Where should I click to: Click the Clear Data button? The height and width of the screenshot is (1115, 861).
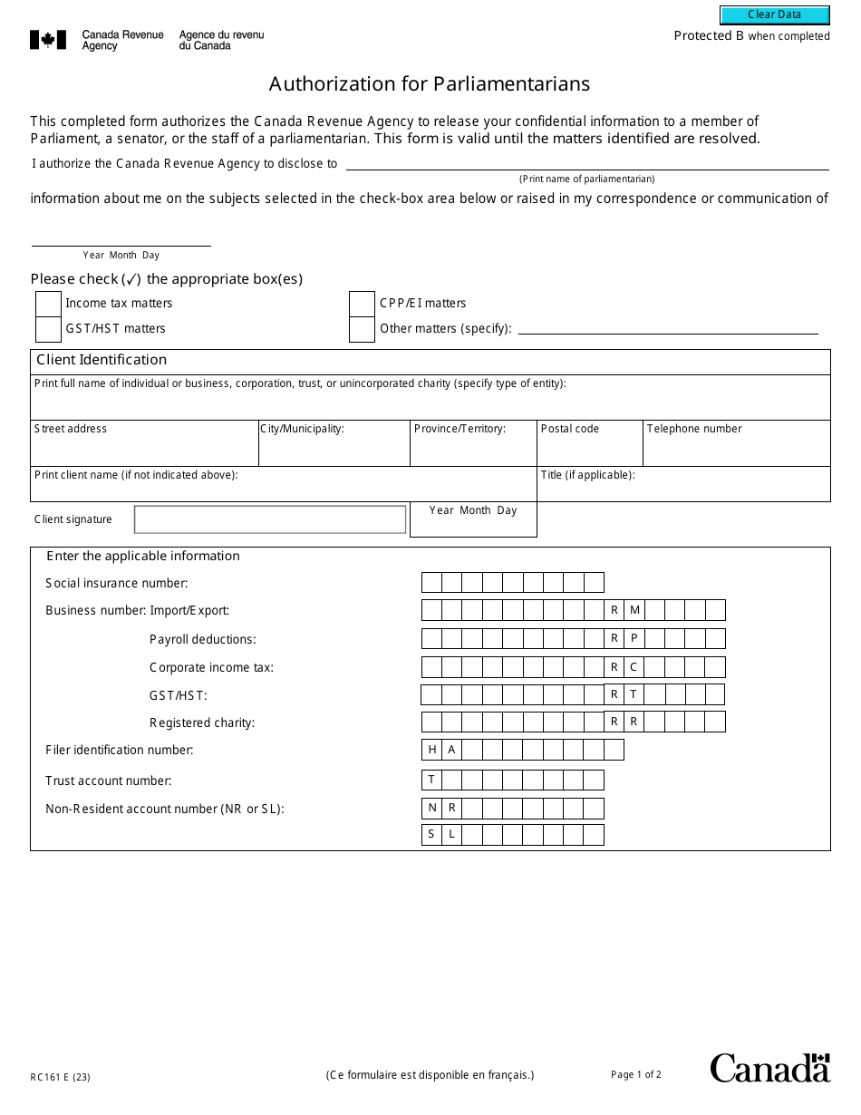[x=774, y=15]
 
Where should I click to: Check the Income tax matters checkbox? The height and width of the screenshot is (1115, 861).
[x=48, y=304]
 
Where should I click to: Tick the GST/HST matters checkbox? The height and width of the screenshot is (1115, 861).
[x=48, y=329]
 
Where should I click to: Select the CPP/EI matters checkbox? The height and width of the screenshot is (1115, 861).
[x=362, y=304]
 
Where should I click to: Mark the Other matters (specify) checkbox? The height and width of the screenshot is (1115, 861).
[x=362, y=329]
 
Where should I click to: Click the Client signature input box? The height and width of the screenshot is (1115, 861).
[x=270, y=519]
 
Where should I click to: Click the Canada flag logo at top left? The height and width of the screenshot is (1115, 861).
[x=48, y=40]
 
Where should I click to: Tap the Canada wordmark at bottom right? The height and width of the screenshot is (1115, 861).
[x=769, y=1068]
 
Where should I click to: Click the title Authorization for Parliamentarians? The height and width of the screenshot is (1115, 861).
[x=430, y=84]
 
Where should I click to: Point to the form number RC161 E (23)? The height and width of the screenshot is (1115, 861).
[x=60, y=1077]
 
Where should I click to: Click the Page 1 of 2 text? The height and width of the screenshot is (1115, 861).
[x=635, y=1075]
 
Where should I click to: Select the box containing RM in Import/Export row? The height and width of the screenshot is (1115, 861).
[x=624, y=610]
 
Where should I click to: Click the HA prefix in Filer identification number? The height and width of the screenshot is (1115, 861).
[x=441, y=750]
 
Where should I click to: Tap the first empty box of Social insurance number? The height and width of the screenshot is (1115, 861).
[x=431, y=582]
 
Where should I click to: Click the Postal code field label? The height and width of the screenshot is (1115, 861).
[x=569, y=429]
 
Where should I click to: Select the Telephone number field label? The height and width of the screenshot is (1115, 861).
[x=693, y=429]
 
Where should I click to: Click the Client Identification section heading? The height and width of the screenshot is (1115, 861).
[x=102, y=360]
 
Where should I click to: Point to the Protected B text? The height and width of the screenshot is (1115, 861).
[x=702, y=36]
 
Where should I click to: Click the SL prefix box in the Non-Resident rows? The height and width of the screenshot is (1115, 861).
[x=441, y=835]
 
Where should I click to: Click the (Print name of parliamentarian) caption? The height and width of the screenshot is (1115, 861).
[x=586, y=179]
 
